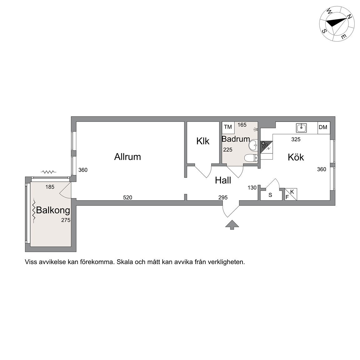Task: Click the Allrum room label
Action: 127,157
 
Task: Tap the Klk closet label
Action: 203,141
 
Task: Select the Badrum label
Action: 236,139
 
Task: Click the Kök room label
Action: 296,157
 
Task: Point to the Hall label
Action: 223,180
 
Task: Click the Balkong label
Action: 53,210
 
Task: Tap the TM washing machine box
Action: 228,127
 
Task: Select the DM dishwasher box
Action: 323,127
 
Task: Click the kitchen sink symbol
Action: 301,127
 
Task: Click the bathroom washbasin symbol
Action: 253,145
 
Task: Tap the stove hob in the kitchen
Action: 265,146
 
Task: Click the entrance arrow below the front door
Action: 232,225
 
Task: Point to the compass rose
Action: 337,23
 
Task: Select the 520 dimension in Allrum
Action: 127,197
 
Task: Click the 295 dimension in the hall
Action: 223,197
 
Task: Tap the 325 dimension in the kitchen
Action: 296,140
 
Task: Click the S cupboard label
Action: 270,195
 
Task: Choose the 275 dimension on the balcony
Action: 66,220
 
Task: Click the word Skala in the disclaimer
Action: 124,262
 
